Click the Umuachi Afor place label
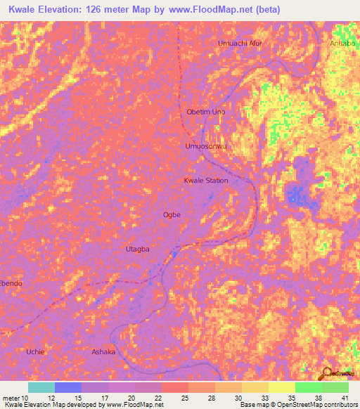(x=240, y=43)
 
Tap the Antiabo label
(x=344, y=43)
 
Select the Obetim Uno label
(x=206, y=112)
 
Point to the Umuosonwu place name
(x=206, y=146)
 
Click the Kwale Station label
(x=206, y=181)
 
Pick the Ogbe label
(x=172, y=214)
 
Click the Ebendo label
(x=11, y=283)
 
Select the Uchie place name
(x=34, y=351)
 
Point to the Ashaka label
(x=103, y=351)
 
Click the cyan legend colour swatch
(x=41, y=387)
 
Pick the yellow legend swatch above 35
(x=281, y=387)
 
